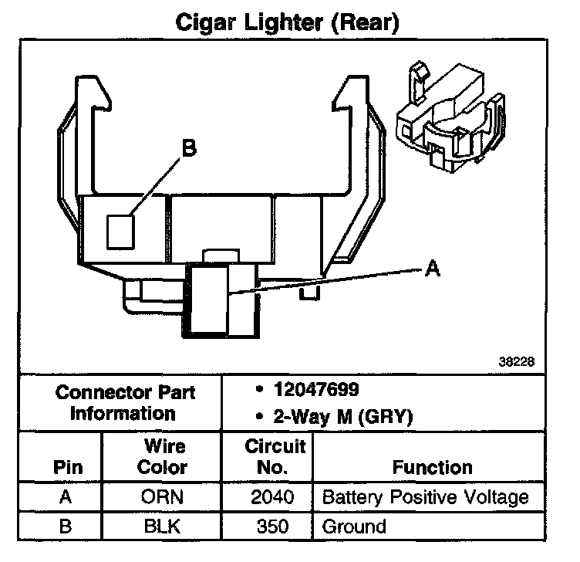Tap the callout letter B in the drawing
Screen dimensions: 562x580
point(190,148)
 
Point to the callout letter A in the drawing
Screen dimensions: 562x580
point(433,268)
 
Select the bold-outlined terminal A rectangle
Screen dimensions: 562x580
point(207,300)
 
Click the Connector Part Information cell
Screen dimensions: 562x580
point(124,402)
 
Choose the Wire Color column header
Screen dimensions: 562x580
point(162,457)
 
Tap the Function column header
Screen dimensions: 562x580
point(432,467)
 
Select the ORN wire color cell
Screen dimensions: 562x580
point(162,497)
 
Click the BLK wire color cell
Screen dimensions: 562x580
point(162,527)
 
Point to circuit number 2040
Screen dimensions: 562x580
point(273,497)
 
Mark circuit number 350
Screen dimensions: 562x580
point(273,527)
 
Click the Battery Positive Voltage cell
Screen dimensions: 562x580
point(425,497)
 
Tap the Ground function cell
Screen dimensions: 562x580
point(354,527)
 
